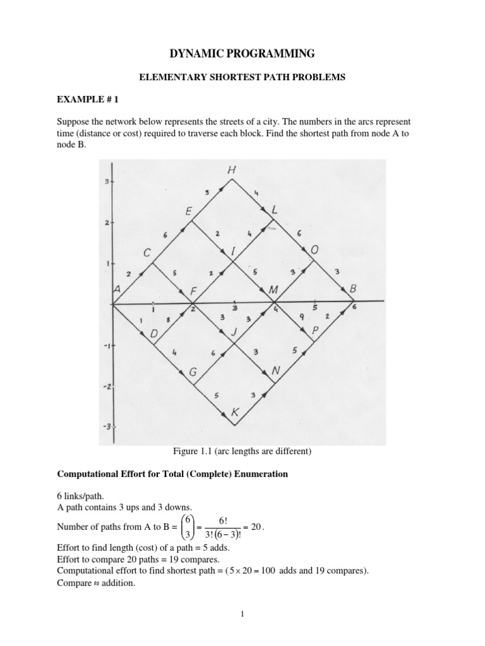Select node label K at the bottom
point(236,413)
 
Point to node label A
point(116,288)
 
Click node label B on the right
point(354,288)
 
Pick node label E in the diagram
point(189,213)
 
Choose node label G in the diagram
point(193,373)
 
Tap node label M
point(273,290)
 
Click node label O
point(314,251)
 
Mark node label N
point(275,372)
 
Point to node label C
point(147,253)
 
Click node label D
point(153,332)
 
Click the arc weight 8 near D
point(168,319)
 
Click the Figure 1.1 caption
point(242,451)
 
